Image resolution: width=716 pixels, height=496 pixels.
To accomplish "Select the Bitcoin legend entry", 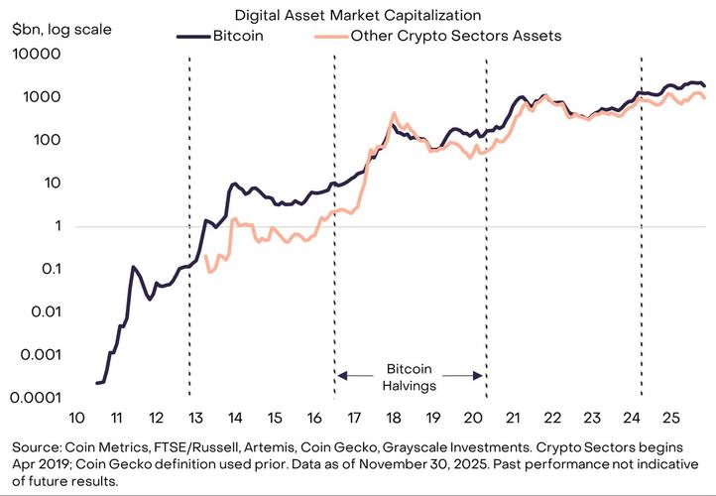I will point(237,36).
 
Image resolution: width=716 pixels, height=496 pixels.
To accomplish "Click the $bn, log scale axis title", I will point(58,29).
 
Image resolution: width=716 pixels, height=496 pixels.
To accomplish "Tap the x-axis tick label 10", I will point(75,418).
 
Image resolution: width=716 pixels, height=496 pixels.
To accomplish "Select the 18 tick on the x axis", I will point(394,418).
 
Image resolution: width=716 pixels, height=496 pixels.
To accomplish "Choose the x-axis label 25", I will point(671,418).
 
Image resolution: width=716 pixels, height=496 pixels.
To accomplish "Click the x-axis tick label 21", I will point(513,418).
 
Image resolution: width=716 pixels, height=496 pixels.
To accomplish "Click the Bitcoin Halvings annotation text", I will point(410,375).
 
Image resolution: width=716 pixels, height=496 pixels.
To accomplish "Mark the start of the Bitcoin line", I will point(97,382).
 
